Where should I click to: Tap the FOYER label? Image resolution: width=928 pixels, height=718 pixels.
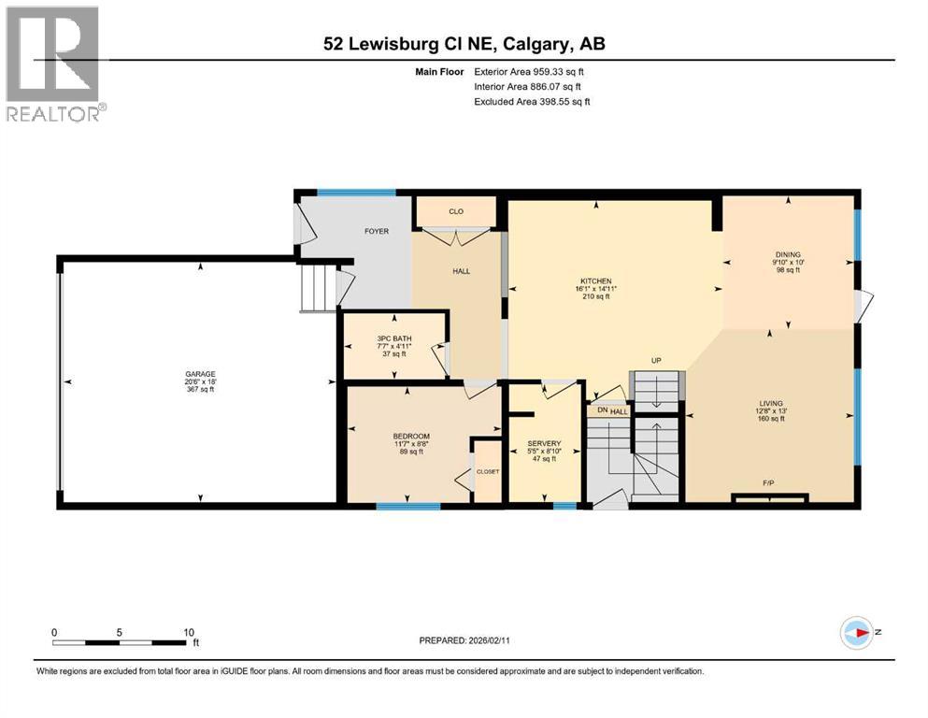[x=377, y=231]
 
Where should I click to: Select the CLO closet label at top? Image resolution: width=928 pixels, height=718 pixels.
[x=456, y=211]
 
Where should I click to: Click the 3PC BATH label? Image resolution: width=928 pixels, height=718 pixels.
[x=394, y=338]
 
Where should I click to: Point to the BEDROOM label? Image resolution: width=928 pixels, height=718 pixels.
[x=411, y=437]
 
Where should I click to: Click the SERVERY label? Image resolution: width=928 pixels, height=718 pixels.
[x=543, y=443]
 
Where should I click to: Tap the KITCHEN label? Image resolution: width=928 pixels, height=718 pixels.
[x=595, y=281]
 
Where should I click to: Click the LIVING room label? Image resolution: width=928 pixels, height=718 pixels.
[x=770, y=404]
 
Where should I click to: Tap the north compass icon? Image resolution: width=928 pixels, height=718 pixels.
[x=857, y=633]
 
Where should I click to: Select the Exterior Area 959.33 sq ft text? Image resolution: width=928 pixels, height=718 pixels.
[x=532, y=71]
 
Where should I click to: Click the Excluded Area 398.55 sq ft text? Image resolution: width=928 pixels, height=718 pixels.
[x=532, y=101]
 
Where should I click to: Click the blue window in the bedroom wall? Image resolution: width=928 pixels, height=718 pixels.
[x=408, y=506]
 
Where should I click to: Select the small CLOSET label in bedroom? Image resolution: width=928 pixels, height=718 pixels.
[x=488, y=471]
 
